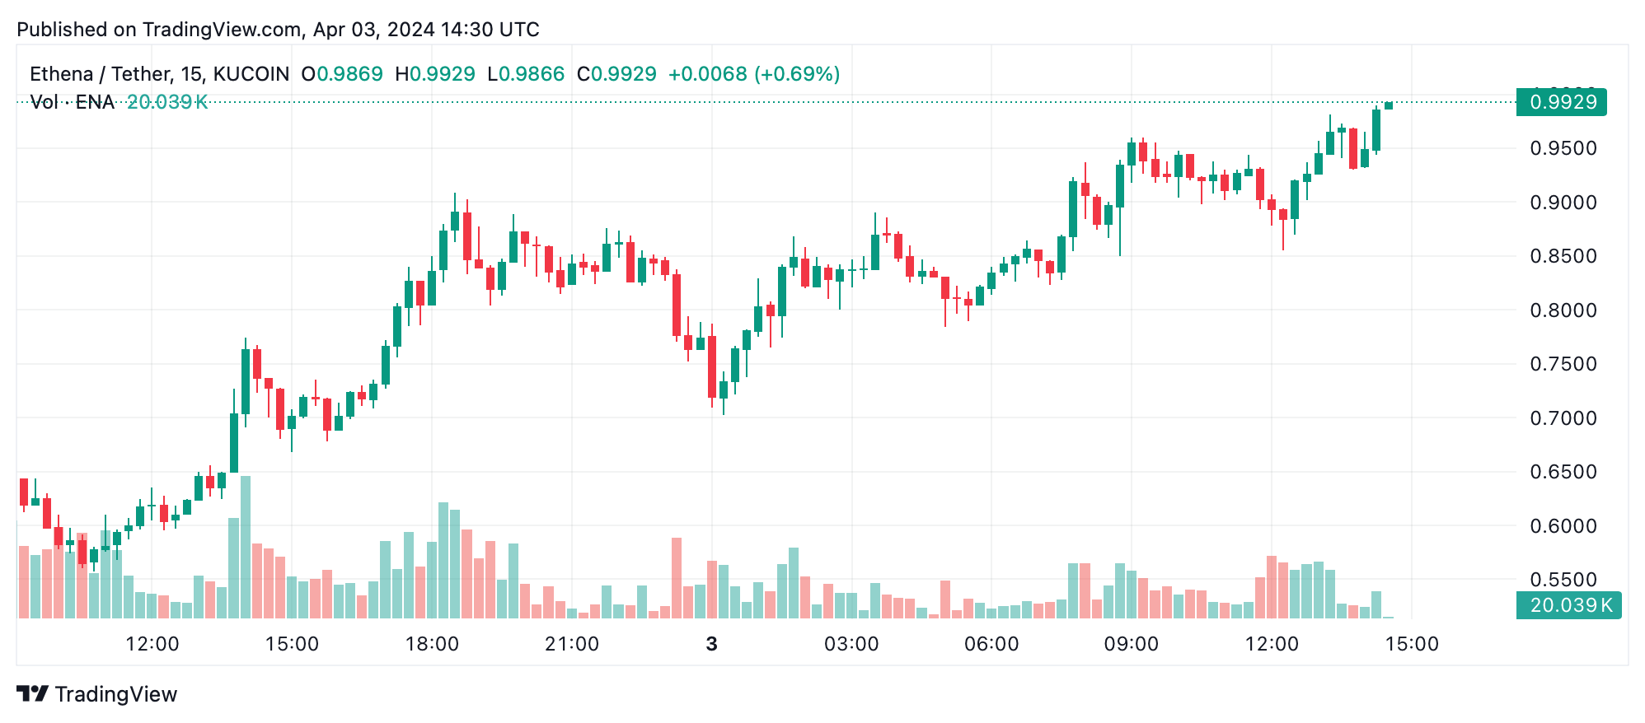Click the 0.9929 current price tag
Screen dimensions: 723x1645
[1562, 102]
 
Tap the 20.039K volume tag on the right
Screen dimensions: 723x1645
[1569, 605]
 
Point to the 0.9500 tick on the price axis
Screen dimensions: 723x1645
[1563, 149]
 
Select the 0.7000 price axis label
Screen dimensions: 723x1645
[1563, 418]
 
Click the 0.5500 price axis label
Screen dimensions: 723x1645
[1563, 580]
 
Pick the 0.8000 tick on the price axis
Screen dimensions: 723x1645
[1563, 310]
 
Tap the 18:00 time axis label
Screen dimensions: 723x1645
[432, 644]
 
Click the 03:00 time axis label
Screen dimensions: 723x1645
[851, 644]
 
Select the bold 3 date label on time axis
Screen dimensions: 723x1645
[712, 644]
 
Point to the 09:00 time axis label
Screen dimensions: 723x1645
[1132, 644]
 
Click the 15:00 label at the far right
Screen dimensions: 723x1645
[1412, 644]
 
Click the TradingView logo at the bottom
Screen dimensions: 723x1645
[97, 694]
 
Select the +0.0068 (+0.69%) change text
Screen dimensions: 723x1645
[753, 74]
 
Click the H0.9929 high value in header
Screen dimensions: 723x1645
[435, 74]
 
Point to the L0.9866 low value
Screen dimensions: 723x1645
[526, 74]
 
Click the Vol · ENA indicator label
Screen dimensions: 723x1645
[72, 102]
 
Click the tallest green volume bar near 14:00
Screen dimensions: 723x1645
[246, 547]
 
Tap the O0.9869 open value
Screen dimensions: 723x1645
[342, 74]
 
